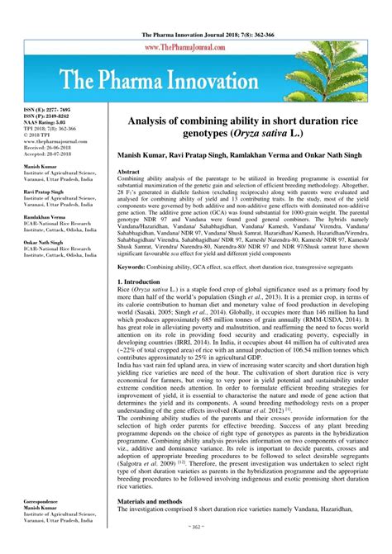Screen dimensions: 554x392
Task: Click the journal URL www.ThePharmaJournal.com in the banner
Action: click(195, 49)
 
